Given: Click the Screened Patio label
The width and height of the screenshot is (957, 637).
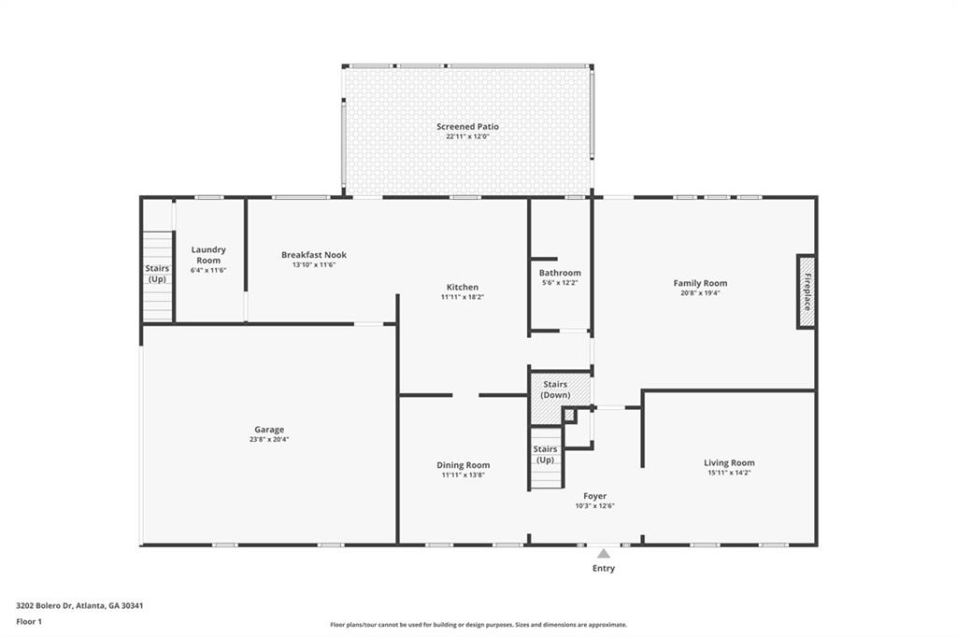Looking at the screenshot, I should tap(467, 126).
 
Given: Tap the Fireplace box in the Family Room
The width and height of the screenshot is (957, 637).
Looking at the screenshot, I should tap(806, 291).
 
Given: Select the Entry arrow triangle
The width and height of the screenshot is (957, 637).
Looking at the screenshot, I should tap(604, 554).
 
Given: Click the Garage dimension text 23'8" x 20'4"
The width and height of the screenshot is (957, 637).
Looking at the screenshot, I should tap(269, 439).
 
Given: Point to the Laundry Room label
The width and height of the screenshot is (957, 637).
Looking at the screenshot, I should tap(208, 254).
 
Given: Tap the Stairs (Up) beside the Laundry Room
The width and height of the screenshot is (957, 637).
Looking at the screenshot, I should tap(157, 274).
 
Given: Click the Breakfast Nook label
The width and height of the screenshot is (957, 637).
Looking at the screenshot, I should tap(314, 255).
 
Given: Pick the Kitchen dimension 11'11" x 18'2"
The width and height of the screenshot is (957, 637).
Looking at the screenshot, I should tap(462, 297).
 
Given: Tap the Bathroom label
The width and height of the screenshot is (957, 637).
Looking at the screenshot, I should tap(560, 273).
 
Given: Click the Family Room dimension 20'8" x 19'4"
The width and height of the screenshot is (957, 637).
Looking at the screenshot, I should tap(700, 292).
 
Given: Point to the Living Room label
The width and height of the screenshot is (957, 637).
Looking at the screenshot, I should tap(729, 462).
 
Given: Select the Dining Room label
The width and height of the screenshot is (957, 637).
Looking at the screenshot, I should tap(463, 465).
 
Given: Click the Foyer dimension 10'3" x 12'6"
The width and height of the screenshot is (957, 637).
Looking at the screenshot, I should tap(594, 506).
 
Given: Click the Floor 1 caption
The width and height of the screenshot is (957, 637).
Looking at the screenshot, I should tap(29, 621).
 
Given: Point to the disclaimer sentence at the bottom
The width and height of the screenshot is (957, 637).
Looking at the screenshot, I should tap(478, 625).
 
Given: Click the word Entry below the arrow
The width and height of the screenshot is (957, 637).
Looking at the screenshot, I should tap(604, 568).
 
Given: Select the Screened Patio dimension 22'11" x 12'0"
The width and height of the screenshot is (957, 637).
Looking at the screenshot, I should tap(467, 136).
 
